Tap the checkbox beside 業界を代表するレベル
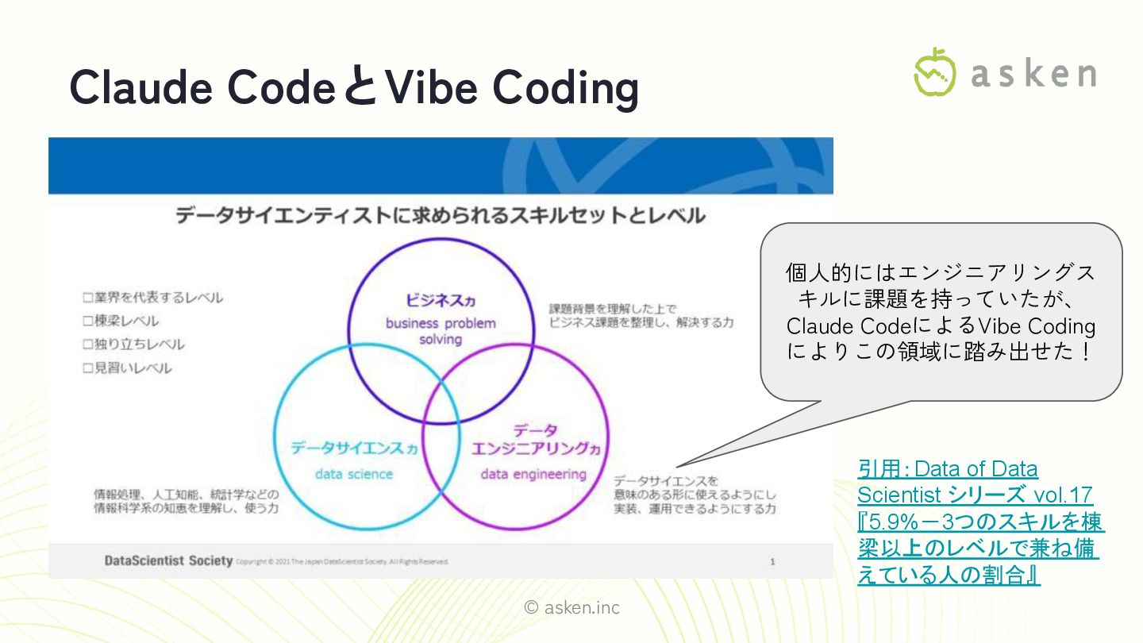89,298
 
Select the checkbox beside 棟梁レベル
89,321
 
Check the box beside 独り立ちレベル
89,345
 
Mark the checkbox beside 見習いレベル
89,368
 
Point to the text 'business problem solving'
441,331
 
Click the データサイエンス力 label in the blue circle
353,449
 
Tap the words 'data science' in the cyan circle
354,474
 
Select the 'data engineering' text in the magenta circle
533,474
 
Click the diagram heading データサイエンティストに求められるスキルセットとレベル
440,215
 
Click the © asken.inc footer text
571,608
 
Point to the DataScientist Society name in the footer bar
168,561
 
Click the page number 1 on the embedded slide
772,562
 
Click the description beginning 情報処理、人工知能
187,494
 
